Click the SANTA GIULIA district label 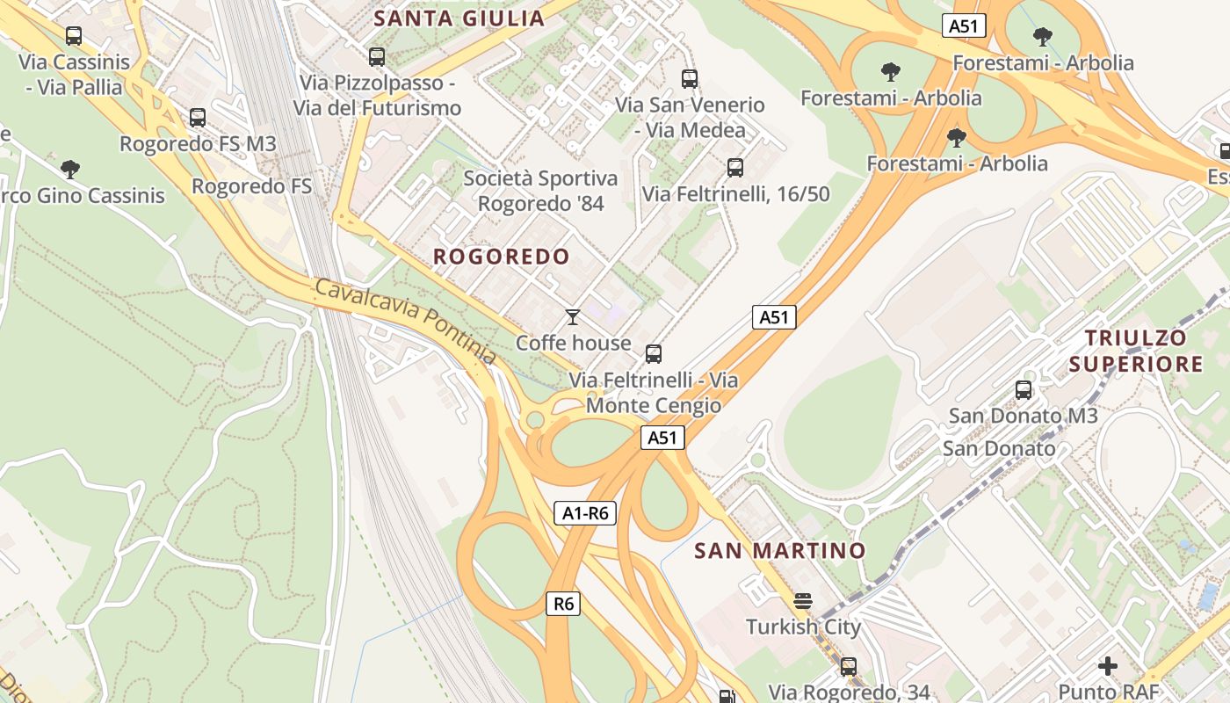(459, 18)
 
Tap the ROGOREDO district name (502, 257)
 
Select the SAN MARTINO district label (780, 551)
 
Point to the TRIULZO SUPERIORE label (1135, 351)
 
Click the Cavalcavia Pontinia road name (406, 322)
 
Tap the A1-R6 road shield (585, 513)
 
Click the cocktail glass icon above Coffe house (573, 316)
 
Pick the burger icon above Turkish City (802, 601)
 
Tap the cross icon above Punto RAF (1108, 666)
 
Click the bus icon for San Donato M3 (1024, 389)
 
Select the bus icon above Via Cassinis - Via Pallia (74, 36)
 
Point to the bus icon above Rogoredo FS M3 (198, 117)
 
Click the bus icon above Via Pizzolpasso (377, 57)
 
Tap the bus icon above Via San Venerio (690, 78)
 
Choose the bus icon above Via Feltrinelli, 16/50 (735, 167)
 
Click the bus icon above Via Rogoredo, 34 (848, 666)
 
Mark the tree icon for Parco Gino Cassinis (70, 169)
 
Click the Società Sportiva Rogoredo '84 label (540, 191)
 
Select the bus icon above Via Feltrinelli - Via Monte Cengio (653, 354)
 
